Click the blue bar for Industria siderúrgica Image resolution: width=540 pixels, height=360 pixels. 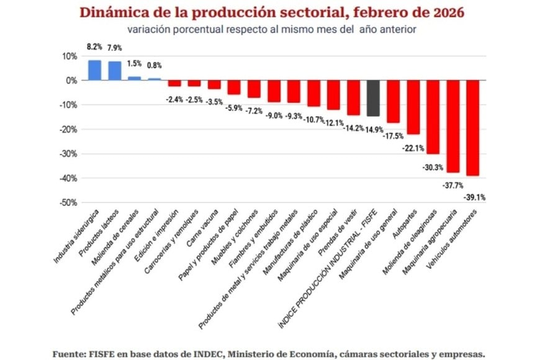coord(95,70)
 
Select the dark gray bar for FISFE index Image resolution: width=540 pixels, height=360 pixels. coord(373,98)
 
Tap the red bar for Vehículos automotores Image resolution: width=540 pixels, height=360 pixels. coord(472,128)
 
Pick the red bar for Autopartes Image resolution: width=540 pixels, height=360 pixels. coord(413,107)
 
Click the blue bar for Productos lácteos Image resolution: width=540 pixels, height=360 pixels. coord(115,71)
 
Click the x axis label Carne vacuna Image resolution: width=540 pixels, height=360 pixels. coord(203,227)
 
